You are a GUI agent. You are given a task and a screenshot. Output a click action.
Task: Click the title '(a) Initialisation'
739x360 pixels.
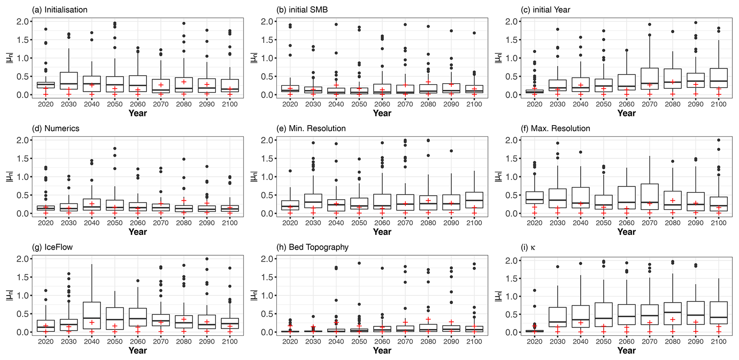pyautogui.click(x=59, y=10)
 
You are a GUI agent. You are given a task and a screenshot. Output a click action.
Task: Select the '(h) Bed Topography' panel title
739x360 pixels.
pyautogui.click(x=313, y=247)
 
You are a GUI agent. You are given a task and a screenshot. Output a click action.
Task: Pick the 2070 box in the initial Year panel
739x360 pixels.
pyautogui.click(x=649, y=79)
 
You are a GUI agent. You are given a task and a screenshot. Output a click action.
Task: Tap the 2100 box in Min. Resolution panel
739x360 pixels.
pyautogui.click(x=474, y=200)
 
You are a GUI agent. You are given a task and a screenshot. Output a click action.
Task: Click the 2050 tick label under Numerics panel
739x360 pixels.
pyautogui.click(x=114, y=223)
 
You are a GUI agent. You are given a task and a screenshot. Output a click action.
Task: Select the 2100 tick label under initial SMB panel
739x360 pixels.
pyautogui.click(x=474, y=104)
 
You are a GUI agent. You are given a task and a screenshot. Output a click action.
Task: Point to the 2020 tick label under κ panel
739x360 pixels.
pyautogui.click(x=534, y=342)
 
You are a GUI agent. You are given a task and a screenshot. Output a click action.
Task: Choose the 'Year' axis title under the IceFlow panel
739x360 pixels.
pyautogui.click(x=138, y=351)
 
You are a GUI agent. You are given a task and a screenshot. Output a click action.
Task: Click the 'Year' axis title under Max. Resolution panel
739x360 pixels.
pyautogui.click(x=626, y=232)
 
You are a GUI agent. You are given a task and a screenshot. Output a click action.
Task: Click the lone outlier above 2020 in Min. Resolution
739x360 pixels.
pyautogui.click(x=290, y=171)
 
